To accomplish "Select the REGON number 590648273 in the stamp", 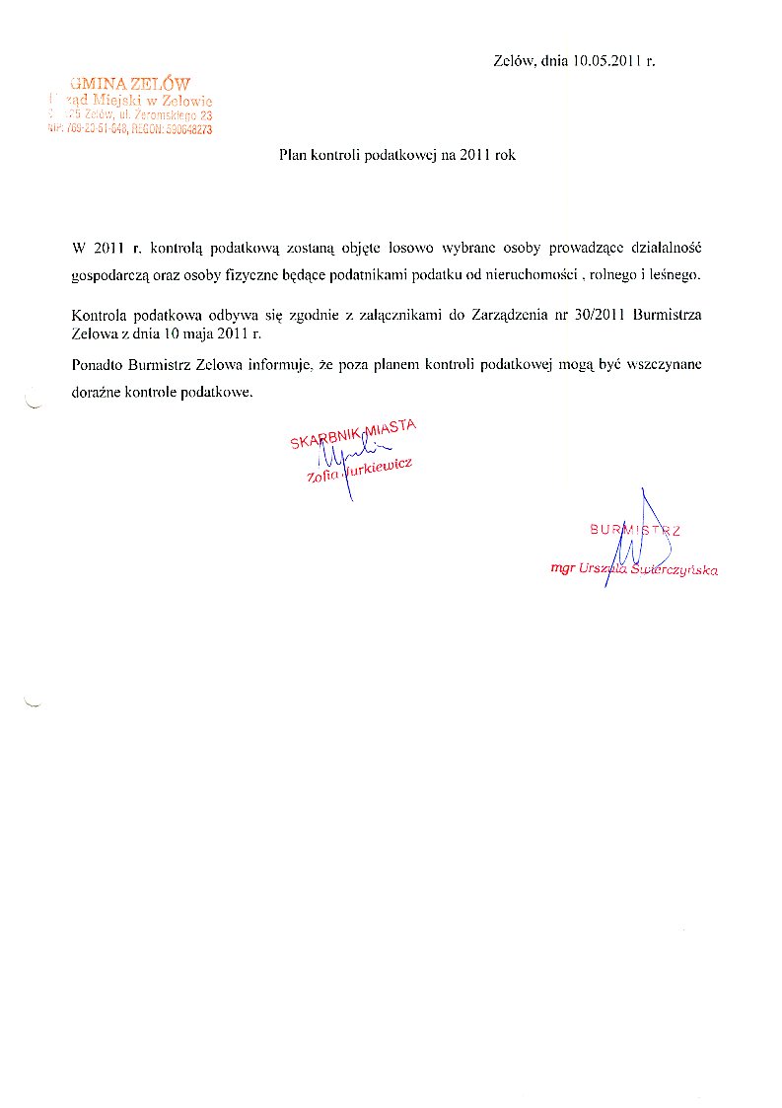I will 183,129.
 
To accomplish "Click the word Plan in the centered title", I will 291,156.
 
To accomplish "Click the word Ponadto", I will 99,365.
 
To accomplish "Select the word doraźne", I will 101,392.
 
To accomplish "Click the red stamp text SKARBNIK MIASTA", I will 354,433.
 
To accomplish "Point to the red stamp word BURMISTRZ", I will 635,530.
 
